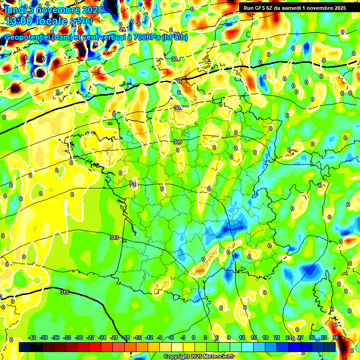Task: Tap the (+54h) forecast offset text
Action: tap(80, 22)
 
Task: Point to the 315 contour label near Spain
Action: tap(65, 292)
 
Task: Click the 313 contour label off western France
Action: tap(114, 238)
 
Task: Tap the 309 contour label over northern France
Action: tap(177, 142)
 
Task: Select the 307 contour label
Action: tap(177, 108)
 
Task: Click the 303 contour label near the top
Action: tap(175, 60)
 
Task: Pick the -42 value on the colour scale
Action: tap(32, 337)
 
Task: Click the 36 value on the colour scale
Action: tap(335, 337)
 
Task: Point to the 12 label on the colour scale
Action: tap(241, 337)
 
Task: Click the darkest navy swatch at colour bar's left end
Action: tap(25, 347)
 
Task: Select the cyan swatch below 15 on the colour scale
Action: tap(253, 347)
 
